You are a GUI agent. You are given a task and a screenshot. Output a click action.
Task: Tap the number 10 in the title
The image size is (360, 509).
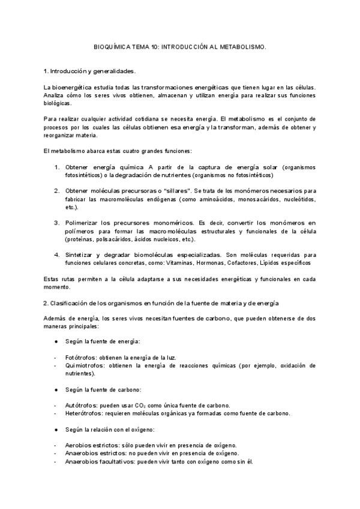(155, 46)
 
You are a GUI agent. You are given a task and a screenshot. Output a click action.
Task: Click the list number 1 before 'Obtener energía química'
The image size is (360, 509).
(56, 167)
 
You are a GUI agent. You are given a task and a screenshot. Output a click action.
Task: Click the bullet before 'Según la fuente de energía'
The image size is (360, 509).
(56, 341)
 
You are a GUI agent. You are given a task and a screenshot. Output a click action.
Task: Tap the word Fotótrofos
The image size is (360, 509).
(81, 357)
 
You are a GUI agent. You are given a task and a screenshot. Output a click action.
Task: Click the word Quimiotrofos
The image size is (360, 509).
(86, 365)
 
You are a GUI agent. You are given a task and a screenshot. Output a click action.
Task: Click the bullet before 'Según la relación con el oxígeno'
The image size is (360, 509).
(56, 429)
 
